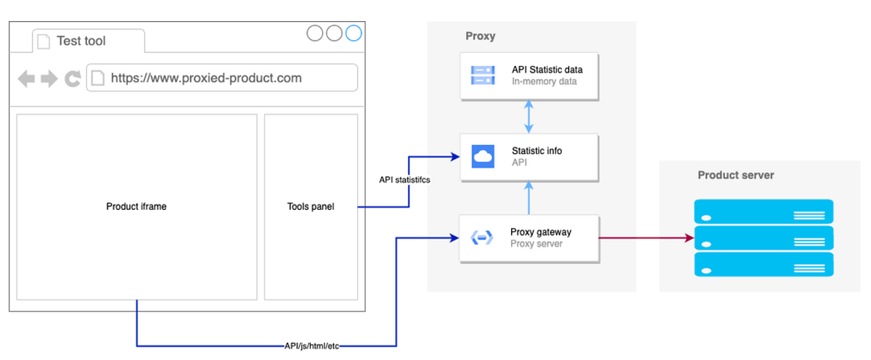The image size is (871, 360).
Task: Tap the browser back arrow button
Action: coord(26,78)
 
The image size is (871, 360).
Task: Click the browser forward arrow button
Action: coord(49,78)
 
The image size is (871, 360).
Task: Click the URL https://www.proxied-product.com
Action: coord(206,78)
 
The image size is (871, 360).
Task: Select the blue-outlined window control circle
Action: coord(353,33)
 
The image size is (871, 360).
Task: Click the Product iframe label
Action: coord(136,207)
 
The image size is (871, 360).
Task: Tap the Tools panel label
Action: coord(311,207)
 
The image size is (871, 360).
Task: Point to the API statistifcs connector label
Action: coord(404,180)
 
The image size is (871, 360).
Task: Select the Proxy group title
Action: coord(480,36)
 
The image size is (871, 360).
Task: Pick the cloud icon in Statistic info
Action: coord(482,156)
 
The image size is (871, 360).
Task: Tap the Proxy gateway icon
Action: coord(482,237)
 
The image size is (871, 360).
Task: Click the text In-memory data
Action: coord(544,81)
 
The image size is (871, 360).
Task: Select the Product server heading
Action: coord(735,175)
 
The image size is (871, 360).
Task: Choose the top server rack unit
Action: coord(763,212)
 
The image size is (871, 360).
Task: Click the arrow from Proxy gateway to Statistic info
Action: coord(528,197)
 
